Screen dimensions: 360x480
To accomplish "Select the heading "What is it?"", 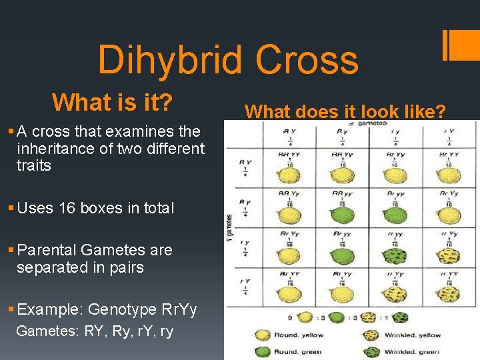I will click(x=112, y=102).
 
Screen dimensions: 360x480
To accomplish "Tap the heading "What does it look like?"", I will click(x=345, y=111).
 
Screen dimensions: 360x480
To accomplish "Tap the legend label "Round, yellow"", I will click(x=299, y=334).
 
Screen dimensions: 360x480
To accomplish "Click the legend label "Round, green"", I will click(x=297, y=351).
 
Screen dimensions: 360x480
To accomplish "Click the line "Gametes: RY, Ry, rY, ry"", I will click(x=94, y=331).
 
